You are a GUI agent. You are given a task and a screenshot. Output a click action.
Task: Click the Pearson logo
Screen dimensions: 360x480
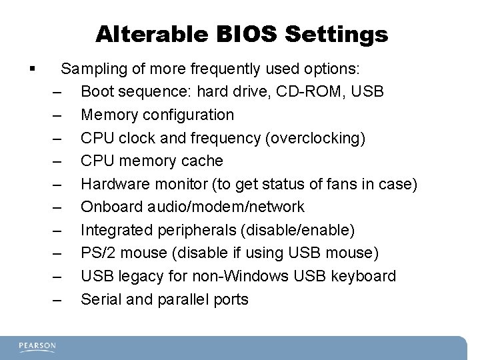click(x=38, y=346)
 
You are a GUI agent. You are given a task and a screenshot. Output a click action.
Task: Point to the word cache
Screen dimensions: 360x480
click(x=201, y=161)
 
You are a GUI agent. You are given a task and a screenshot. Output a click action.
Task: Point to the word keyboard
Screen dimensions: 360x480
click(x=365, y=276)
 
